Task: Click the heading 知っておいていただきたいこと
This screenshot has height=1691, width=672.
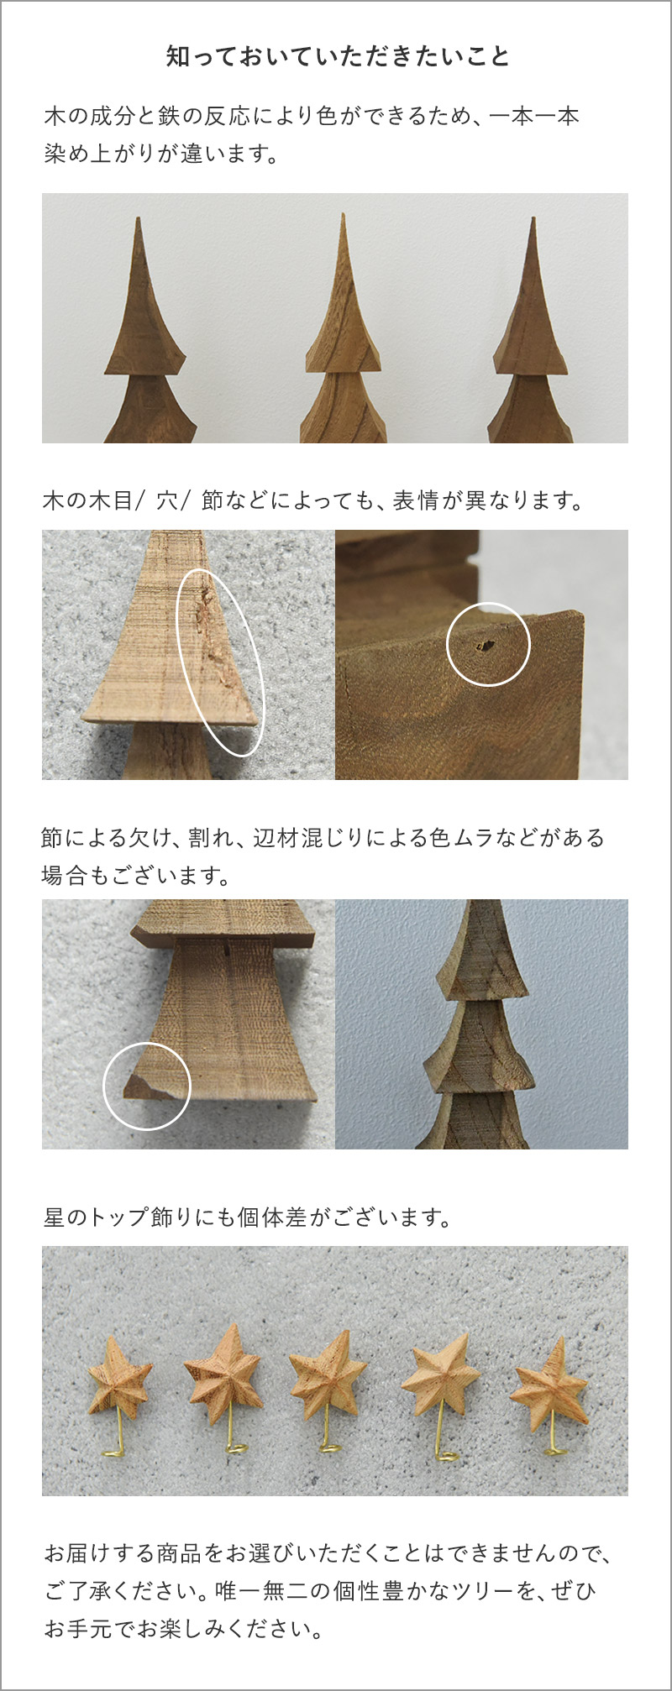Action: coord(338,56)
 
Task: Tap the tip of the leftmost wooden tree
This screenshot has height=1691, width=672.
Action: coord(139,218)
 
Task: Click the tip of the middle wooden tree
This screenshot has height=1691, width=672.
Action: coord(343,214)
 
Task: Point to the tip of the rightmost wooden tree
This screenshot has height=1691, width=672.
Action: coord(533,218)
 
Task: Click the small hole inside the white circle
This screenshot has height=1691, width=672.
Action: coord(484,646)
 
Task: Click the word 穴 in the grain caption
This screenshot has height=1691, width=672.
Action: coord(167,500)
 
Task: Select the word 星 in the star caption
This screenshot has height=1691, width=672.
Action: coord(54,1217)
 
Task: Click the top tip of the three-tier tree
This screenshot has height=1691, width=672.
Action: coord(481,903)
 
